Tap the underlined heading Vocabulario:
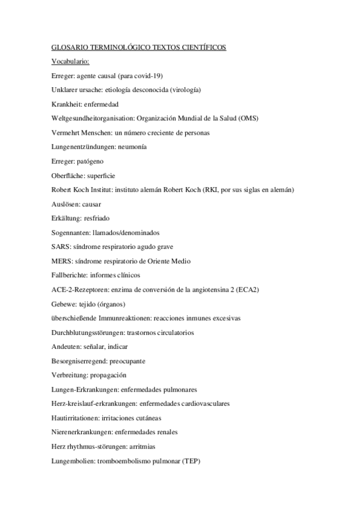coord(71,61)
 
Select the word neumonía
coord(132,147)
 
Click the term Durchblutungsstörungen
coord(91,333)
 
